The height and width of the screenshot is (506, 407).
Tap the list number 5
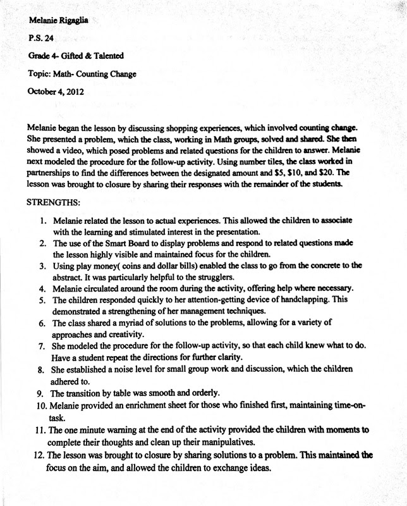click(40, 300)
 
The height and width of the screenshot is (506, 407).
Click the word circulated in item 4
click(111, 288)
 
